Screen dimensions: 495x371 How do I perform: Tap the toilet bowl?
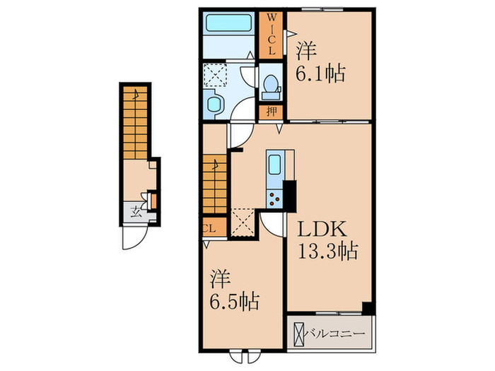coord(271,83)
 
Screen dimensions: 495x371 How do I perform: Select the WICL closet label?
coord(272,34)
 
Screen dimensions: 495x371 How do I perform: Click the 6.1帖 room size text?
coord(320,73)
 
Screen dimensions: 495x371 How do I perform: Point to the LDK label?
coord(322,229)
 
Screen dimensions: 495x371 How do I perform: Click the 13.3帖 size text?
coord(328,251)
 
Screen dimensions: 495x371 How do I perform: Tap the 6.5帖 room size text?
coord(235,301)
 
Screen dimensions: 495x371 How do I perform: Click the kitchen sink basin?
coord(275,165)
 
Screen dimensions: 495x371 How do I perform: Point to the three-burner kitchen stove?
coord(275,199)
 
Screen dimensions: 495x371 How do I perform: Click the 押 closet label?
coord(271,112)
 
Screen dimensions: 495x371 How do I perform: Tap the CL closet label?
coord(209,228)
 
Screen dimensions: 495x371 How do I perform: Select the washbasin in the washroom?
coord(214,104)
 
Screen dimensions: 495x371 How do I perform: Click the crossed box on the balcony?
coord(298,334)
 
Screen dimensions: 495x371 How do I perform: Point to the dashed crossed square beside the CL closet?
coord(243,222)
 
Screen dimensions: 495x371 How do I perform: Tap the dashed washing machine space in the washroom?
coord(216,75)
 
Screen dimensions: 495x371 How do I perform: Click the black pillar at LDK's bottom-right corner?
coord(368,309)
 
